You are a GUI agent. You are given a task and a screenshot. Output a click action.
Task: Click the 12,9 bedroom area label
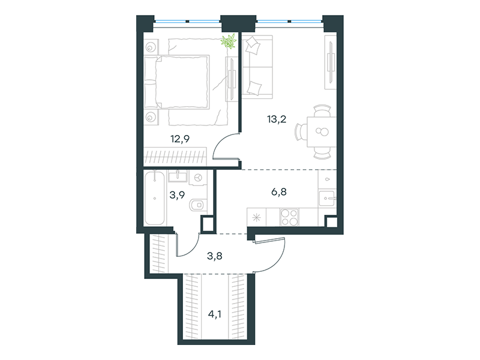point(180,139)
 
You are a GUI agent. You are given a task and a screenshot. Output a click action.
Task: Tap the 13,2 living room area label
point(277,119)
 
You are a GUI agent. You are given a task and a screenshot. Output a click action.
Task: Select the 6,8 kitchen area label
point(279,192)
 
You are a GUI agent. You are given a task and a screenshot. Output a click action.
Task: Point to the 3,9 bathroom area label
point(177,194)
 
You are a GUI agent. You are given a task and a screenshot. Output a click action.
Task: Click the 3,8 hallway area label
point(215,256)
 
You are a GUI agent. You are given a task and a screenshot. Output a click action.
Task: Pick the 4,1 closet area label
point(215,314)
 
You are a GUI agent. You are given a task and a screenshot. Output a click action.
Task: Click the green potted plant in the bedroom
point(229,41)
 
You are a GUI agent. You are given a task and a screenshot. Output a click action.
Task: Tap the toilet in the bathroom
point(199,205)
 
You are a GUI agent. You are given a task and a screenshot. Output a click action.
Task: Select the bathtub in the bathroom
point(155,199)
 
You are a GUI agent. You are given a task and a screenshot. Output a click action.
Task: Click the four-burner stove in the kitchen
point(289,217)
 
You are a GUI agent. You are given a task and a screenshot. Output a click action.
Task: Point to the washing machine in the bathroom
point(198,177)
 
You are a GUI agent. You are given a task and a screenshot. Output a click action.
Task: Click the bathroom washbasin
point(178,176)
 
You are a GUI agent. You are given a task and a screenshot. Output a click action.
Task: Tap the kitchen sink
point(327,199)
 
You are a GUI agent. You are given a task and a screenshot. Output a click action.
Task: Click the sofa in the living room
point(257,67)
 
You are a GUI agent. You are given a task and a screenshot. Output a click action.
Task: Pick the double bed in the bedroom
point(177,82)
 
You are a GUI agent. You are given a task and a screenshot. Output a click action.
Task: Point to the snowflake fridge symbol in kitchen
point(256,218)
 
